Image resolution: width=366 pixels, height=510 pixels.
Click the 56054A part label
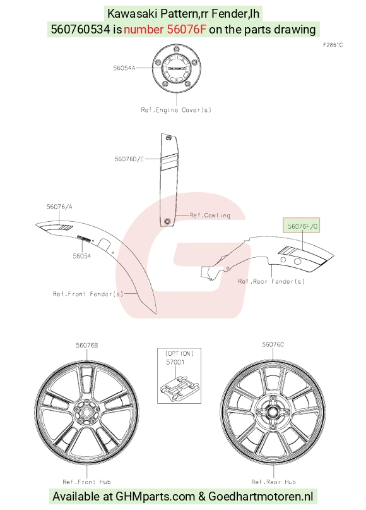tap(124, 68)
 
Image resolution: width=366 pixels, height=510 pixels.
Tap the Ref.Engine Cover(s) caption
tap(176, 110)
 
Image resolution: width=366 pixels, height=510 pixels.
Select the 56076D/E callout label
tap(129, 159)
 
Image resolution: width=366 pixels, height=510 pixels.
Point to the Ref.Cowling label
tap(210, 216)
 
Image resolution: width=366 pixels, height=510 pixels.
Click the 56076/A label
tap(59, 207)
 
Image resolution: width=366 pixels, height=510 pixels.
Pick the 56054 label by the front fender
tap(82, 256)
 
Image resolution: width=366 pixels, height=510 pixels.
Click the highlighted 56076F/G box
tap(302, 225)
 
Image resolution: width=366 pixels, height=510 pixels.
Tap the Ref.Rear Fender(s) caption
tap(271, 281)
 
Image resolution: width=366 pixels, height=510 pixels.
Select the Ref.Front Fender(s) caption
tap(88, 294)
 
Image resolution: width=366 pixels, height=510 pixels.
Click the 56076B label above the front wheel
tap(86, 345)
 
